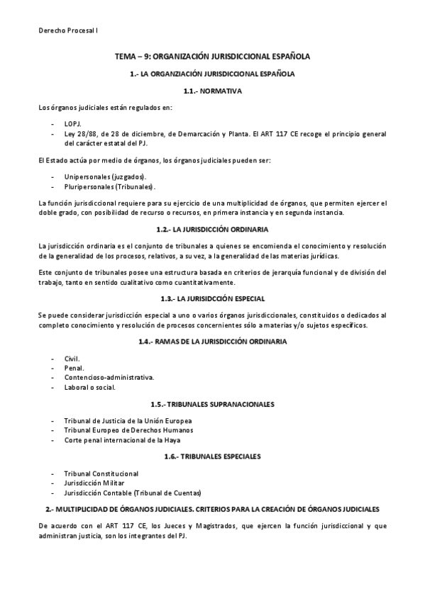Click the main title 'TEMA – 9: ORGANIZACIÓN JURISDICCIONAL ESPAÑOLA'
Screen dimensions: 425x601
pyautogui.click(x=213, y=57)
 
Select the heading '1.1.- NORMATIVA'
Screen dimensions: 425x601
pyautogui.click(x=213, y=91)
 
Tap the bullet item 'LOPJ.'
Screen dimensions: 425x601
pyautogui.click(x=73, y=123)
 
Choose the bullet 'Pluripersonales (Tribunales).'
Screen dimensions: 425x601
pyautogui.click(x=109, y=186)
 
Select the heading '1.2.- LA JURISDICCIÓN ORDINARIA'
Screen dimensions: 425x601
pyautogui.click(x=213, y=229)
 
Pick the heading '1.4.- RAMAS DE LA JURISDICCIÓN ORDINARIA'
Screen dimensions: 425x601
pyautogui.click(x=213, y=342)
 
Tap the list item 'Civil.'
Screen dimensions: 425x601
pyautogui.click(x=72, y=359)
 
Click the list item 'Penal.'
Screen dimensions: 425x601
pyautogui.click(x=74, y=369)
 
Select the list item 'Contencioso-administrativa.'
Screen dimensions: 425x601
pyautogui.click(x=109, y=378)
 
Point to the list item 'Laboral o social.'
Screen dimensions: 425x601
pyautogui.click(x=90, y=388)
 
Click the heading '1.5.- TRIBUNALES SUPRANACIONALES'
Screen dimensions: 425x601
pyautogui.click(x=213, y=404)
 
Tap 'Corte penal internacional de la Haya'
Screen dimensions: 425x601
pyautogui.click(x=123, y=440)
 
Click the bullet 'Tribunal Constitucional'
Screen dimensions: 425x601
pyautogui.click(x=101, y=473)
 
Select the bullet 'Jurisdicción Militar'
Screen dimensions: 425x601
pyautogui.click(x=94, y=483)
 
